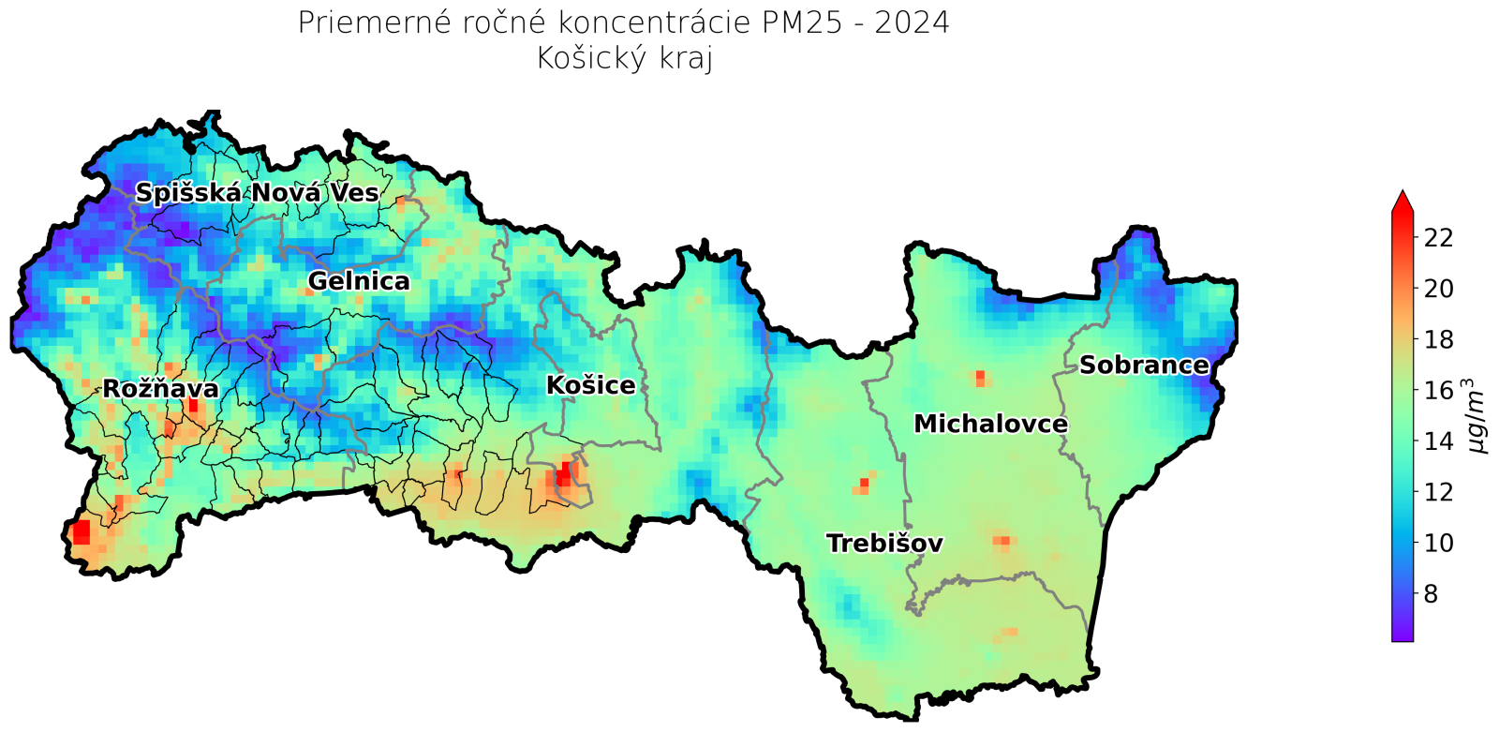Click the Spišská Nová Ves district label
(257, 193)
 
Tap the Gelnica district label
(358, 280)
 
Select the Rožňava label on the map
(160, 388)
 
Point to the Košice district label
(590, 384)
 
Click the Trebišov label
(883, 543)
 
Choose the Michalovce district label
(990, 424)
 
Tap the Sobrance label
(1143, 365)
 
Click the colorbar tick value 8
(1431, 593)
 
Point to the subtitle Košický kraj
(624, 58)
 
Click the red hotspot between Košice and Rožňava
(563, 475)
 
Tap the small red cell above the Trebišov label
(864, 483)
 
